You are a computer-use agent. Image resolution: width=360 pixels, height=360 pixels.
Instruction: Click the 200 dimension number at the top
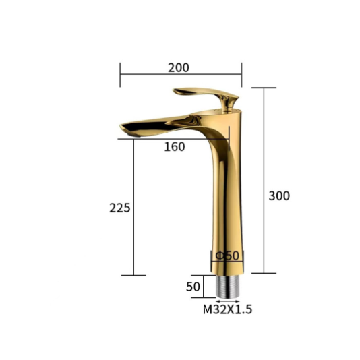click(179, 67)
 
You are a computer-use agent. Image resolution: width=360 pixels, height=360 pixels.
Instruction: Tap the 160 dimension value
click(174, 148)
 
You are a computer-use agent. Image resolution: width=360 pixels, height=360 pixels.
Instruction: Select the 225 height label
click(119, 208)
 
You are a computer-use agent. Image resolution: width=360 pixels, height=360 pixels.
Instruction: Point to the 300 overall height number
click(279, 196)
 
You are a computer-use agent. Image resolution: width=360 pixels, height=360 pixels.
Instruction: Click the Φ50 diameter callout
click(227, 255)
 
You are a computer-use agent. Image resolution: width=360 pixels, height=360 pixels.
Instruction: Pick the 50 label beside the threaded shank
click(193, 287)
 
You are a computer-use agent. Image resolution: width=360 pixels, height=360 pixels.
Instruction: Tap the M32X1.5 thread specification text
click(228, 309)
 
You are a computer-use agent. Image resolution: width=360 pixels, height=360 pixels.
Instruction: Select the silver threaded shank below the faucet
click(228, 287)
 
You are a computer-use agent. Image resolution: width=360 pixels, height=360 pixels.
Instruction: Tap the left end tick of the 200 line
click(120, 74)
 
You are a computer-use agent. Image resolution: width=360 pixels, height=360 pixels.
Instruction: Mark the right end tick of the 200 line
click(241, 74)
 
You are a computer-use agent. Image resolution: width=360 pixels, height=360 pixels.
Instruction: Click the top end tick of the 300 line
click(264, 88)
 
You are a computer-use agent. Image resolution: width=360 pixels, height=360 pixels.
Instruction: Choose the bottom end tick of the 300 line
click(264, 273)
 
